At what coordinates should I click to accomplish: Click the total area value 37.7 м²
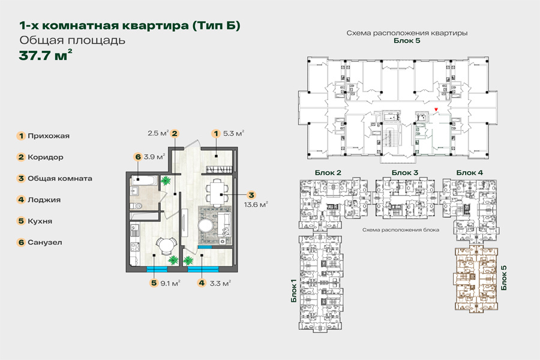point(46,55)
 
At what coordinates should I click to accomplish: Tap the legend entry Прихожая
point(49,136)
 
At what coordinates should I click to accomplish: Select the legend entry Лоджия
point(44,200)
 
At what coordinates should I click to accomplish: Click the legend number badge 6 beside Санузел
point(22,242)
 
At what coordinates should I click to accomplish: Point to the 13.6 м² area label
point(256,205)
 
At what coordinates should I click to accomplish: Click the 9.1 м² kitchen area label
point(170,284)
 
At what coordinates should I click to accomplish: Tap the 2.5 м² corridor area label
point(158,133)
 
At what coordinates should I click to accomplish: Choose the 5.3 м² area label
point(234,133)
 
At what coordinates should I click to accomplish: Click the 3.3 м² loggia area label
point(220,284)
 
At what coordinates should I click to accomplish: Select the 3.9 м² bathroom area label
point(154,157)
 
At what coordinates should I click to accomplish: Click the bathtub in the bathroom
point(144,181)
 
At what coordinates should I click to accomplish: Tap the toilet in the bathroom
point(137,206)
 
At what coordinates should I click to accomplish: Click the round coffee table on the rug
point(206,226)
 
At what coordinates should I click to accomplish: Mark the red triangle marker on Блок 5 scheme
point(436,110)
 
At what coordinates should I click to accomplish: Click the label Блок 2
point(328,173)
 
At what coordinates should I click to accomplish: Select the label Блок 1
point(294,290)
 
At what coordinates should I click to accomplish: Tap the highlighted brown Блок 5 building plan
point(476,280)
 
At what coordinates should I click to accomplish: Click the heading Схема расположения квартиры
point(407,34)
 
